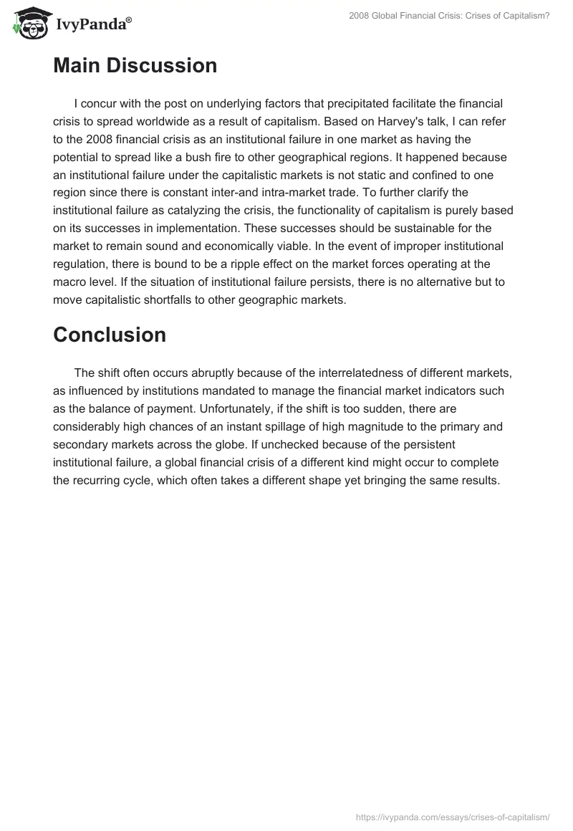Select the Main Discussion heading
pyautogui.click(x=135, y=66)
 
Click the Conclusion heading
pyautogui.click(x=110, y=335)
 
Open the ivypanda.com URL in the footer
pyautogui.click(x=452, y=817)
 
